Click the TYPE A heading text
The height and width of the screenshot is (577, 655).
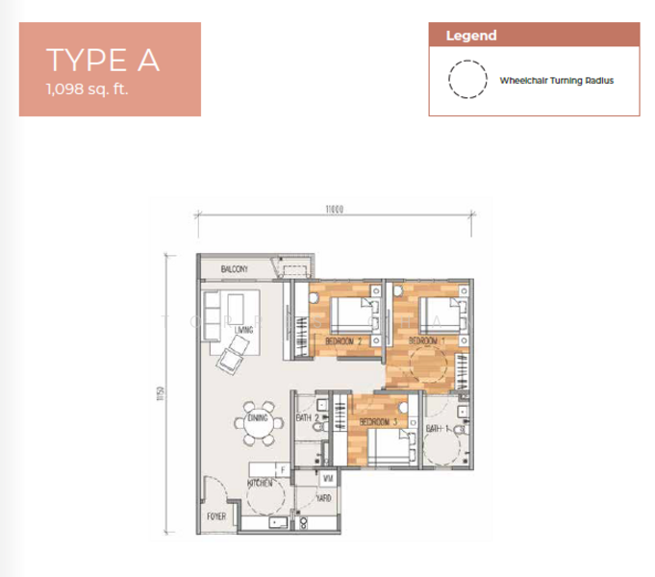coord(102,60)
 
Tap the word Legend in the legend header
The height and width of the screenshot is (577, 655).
coord(471,36)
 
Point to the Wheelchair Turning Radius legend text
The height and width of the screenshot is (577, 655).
coord(556,81)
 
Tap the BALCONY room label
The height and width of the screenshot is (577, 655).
coord(235,269)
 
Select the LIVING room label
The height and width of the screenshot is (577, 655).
coord(243,331)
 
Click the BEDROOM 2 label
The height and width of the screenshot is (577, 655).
coord(343,340)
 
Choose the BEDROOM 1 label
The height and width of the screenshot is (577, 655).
coord(426,340)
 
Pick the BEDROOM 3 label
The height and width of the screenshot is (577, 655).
coord(379,422)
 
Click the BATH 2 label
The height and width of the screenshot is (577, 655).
coord(308,417)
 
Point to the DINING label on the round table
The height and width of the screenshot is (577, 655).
coord(257,418)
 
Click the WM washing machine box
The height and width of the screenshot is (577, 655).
coord(327,478)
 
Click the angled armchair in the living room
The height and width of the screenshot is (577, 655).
coord(231,361)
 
